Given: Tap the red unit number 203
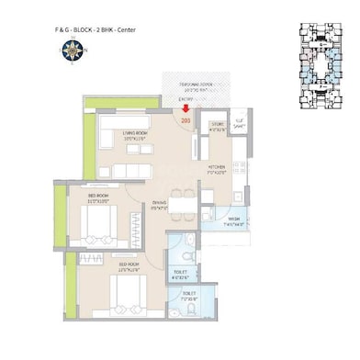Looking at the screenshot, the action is (186, 120).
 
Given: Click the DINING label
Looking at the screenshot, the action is (160, 204).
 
